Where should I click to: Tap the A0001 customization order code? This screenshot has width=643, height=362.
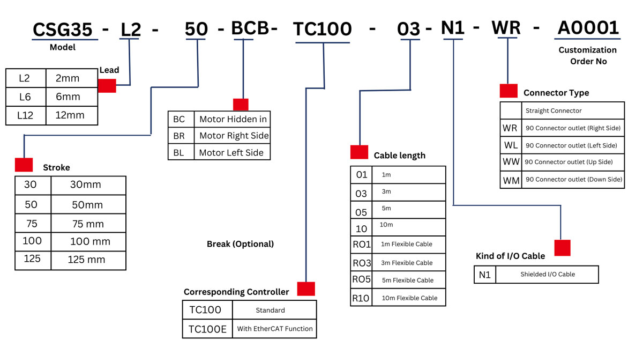pos(588,28)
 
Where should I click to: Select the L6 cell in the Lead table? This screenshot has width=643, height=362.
pos(25,97)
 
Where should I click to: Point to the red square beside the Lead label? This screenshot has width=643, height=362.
pos(107,86)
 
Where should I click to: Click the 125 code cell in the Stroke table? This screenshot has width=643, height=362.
pos(32,259)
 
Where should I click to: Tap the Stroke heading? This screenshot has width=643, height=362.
pos(56,167)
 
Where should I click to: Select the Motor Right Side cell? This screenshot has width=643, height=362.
pos(234,136)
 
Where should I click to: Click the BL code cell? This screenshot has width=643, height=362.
pos(178,153)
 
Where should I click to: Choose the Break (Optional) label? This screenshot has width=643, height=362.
pos(240,244)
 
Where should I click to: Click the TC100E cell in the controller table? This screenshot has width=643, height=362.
pos(207,329)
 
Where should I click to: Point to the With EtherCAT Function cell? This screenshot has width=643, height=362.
pos(275,329)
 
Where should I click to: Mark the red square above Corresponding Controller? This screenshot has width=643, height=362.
pos(306,289)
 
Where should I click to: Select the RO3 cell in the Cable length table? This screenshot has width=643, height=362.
pos(362,263)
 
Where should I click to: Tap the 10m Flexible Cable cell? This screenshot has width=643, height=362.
pos(409,298)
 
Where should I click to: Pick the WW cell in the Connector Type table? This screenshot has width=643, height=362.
pos(511,162)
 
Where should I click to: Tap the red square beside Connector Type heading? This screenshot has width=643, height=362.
pos(509,91)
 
